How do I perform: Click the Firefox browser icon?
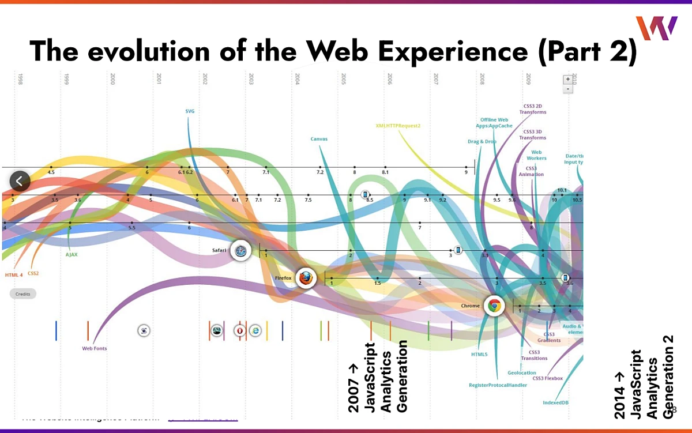[x=306, y=278]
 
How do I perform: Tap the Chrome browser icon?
[x=493, y=306]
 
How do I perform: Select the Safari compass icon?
[x=240, y=250]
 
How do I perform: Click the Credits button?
[x=23, y=293]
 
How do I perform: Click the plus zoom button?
[x=568, y=79]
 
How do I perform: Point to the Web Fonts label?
[x=94, y=348]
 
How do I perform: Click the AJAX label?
[x=72, y=254]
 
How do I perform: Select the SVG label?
[x=190, y=111]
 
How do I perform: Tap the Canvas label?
[x=319, y=139]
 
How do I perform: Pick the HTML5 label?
[x=479, y=355]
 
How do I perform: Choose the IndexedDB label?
[x=555, y=402]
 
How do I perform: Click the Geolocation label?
[x=522, y=373]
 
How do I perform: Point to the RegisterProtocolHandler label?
[x=498, y=385]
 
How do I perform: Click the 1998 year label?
[x=20, y=79]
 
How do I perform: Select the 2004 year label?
[x=297, y=79]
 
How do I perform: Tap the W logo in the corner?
[x=656, y=29]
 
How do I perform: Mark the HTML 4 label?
[x=13, y=274]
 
